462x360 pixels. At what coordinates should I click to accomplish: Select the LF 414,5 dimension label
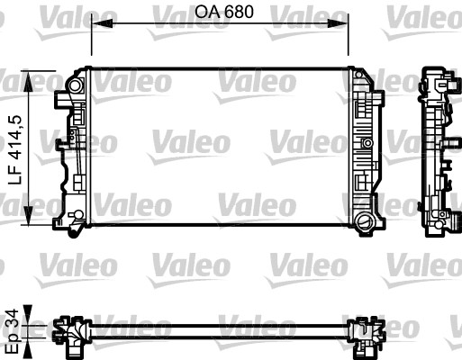14,149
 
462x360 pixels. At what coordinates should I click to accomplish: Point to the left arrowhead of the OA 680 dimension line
98,25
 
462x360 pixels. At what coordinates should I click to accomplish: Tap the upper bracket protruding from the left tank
63,94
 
